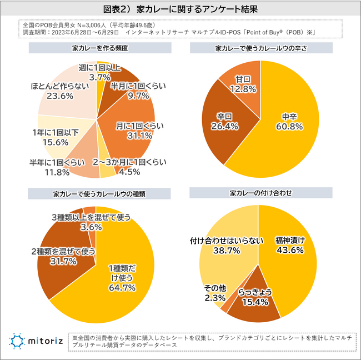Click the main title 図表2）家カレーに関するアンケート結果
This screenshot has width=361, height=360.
coord(180,9)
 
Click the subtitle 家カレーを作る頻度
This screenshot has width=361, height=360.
coord(100,48)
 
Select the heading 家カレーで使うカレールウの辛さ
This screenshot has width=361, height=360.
coord(261,48)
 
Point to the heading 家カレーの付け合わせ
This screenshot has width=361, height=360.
coord(261,193)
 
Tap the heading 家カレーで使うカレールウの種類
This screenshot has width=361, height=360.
coord(99,194)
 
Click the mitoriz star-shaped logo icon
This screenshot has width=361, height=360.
coord(17,341)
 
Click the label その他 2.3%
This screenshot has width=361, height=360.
coord(215,293)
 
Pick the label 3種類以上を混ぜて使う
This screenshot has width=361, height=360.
coord(91,217)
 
